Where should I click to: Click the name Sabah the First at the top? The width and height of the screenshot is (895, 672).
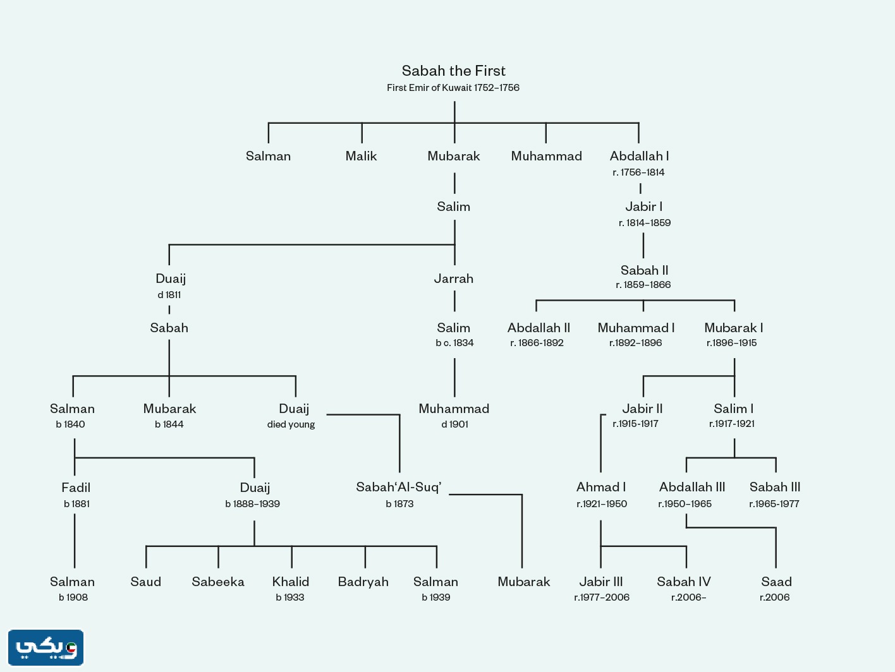(453, 71)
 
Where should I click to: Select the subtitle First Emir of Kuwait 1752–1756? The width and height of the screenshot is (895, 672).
(453, 88)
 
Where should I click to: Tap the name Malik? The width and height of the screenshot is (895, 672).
(361, 156)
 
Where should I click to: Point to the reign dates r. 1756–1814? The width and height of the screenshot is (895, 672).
(638, 172)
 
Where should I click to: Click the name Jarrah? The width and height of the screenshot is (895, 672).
(453, 279)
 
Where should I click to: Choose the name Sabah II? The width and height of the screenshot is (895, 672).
(644, 270)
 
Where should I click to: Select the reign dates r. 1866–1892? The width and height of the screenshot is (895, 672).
(537, 343)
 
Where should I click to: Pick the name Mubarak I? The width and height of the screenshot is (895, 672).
(733, 328)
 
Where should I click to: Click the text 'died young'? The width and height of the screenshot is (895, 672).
(291, 424)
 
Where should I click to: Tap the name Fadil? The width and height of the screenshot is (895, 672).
(76, 488)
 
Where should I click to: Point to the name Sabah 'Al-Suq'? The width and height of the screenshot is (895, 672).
(399, 487)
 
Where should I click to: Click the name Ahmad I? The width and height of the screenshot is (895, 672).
(601, 487)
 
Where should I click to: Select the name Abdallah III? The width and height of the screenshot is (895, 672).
(692, 487)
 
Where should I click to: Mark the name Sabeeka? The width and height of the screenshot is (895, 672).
(218, 582)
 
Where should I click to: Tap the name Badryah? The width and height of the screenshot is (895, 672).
(363, 582)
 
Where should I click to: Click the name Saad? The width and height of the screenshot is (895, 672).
(776, 582)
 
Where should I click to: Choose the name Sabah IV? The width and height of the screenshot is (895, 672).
(684, 582)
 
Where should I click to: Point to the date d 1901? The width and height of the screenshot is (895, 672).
(454, 424)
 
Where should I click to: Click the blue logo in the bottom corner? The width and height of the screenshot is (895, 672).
(46, 647)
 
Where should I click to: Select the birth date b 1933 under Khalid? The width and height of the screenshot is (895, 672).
(290, 597)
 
